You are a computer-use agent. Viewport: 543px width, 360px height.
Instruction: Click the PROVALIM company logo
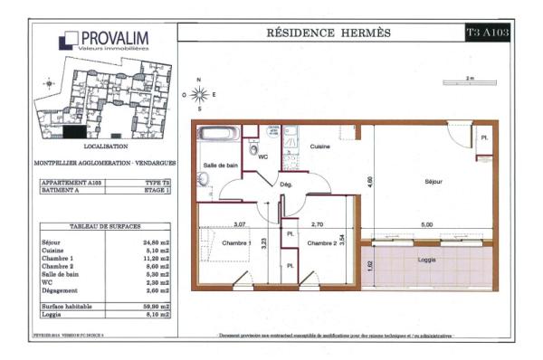pos(101,41)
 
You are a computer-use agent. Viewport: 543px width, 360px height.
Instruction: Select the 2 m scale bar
pos(469,85)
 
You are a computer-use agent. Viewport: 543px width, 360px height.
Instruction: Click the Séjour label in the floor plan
pos(433,182)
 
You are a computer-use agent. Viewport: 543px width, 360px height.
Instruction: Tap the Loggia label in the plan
pos(427,259)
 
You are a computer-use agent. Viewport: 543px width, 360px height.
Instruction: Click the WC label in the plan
pos(263,156)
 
